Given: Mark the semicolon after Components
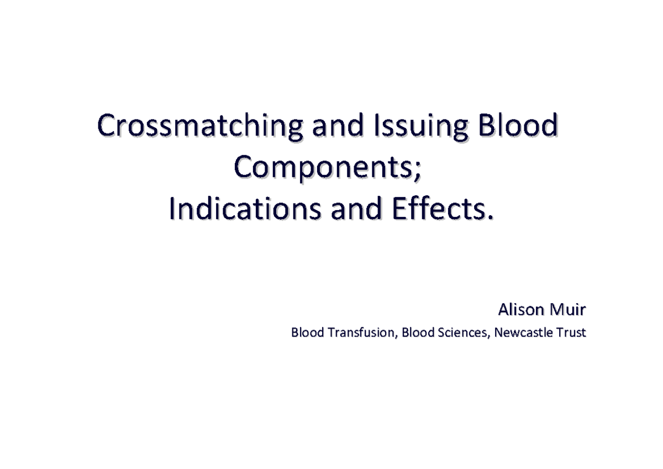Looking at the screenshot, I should tap(423, 171).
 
